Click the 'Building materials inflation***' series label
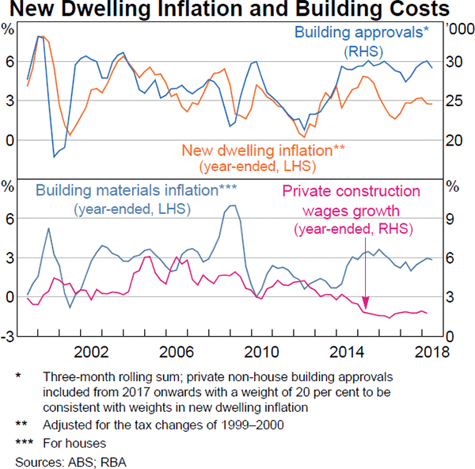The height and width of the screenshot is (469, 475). coord(135,191)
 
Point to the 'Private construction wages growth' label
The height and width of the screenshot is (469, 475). coord(351,201)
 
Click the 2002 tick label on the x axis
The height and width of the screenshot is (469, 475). coord(91,353)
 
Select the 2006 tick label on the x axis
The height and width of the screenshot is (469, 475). coord(177,353)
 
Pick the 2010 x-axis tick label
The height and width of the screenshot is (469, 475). coord(262,353)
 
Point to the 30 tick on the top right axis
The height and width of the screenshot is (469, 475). coord(451,62)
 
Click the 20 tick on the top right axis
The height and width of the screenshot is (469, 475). coord(451,140)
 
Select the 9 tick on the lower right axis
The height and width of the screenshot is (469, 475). coord(451,219)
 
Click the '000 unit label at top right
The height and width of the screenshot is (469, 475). coord(455,29)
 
